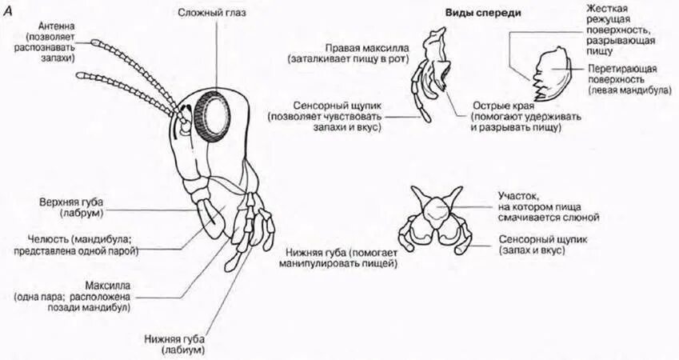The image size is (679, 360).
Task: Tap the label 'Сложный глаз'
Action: (x=208, y=14)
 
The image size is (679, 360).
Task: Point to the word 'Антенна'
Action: (x=54, y=25)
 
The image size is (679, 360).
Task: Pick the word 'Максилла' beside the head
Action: (x=105, y=284)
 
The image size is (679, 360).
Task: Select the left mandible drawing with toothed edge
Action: (x=551, y=70)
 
